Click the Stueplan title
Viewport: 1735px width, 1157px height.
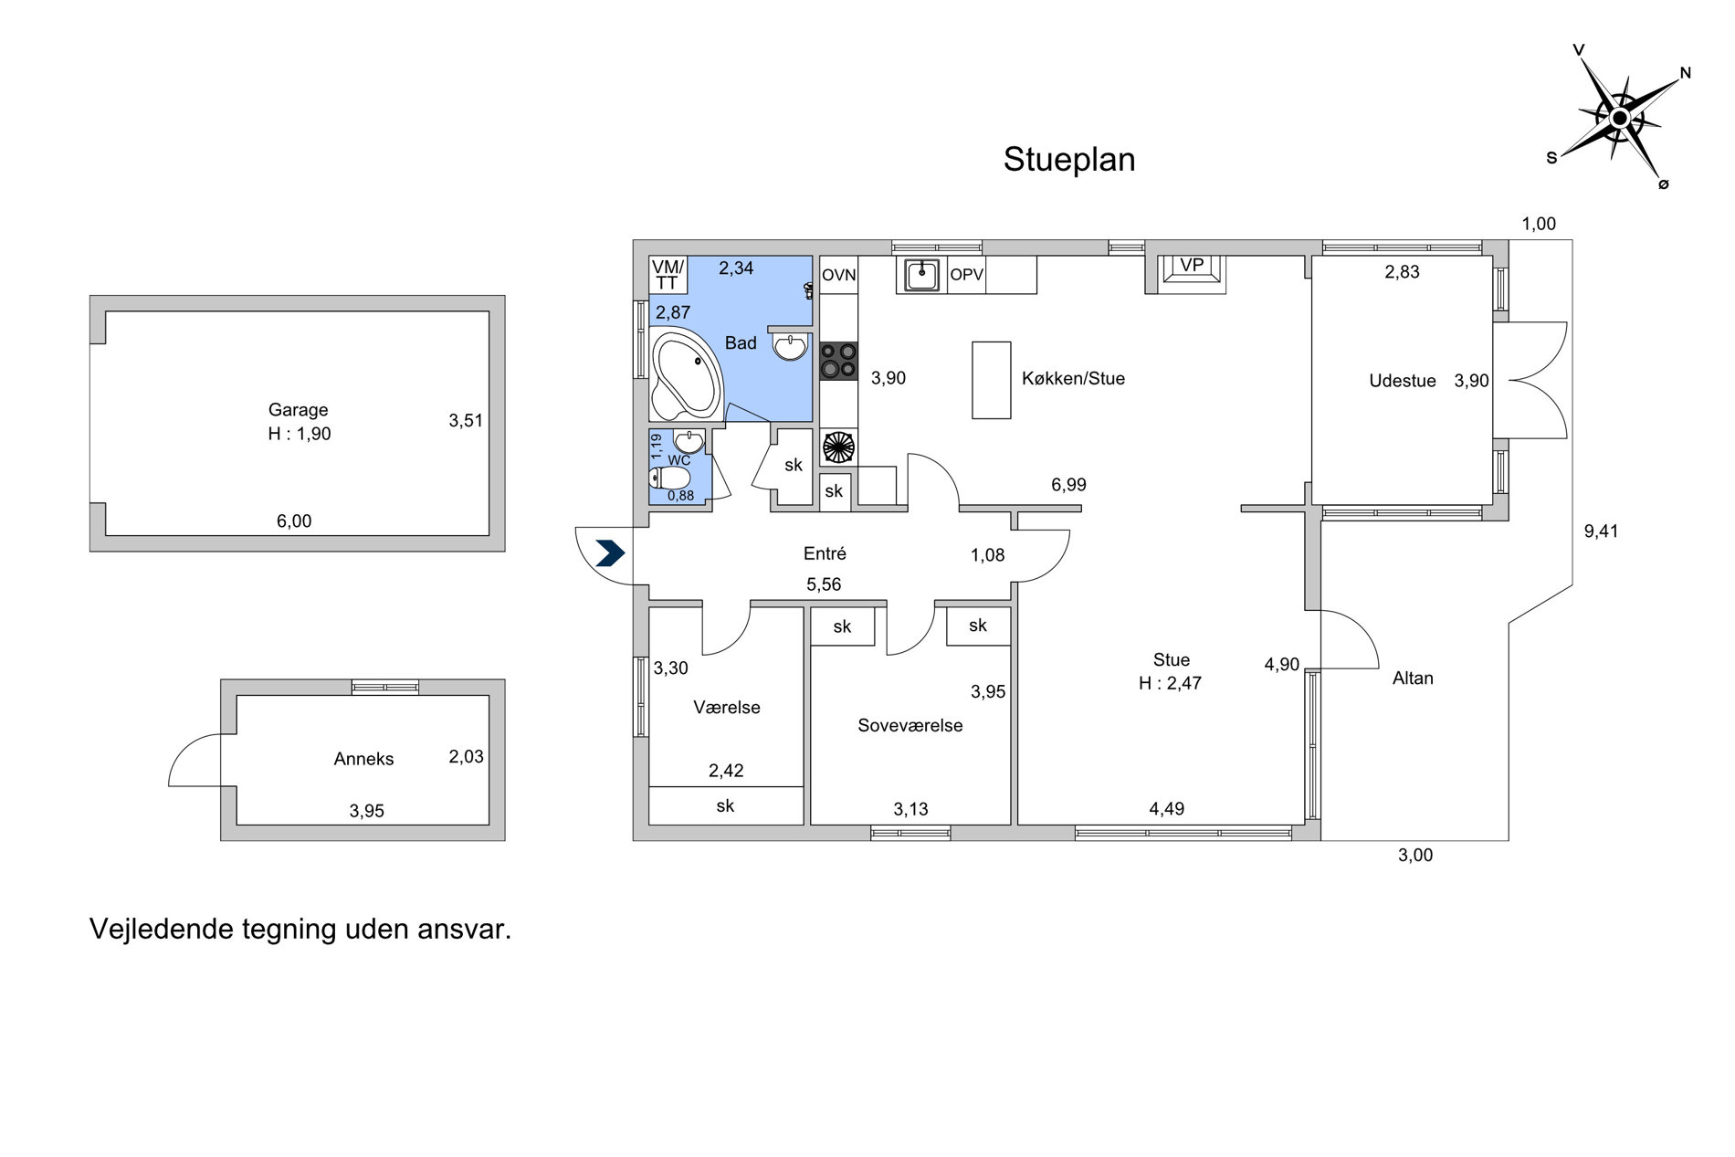(x=1069, y=160)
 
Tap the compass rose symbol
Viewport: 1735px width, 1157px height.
(x=1619, y=118)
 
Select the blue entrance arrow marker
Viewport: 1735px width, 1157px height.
(x=610, y=553)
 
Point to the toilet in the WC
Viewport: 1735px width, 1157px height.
(x=669, y=479)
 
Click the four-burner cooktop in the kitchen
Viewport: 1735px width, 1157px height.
(x=838, y=360)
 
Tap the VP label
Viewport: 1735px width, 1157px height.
(x=1192, y=266)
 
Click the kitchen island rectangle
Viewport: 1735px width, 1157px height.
(x=991, y=380)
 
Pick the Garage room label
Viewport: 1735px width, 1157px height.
(x=298, y=410)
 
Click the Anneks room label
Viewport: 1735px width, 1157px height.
(x=363, y=759)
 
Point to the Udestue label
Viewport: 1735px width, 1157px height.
(x=1402, y=381)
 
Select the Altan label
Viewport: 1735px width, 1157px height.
(x=1413, y=678)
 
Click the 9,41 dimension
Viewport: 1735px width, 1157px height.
(x=1601, y=531)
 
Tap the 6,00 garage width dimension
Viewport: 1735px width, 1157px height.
(x=294, y=521)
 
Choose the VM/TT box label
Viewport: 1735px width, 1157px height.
(x=668, y=275)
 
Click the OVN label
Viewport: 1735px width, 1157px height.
(x=838, y=275)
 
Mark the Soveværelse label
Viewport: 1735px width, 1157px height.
(x=910, y=726)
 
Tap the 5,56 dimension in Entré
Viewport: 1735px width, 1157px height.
(x=824, y=584)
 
